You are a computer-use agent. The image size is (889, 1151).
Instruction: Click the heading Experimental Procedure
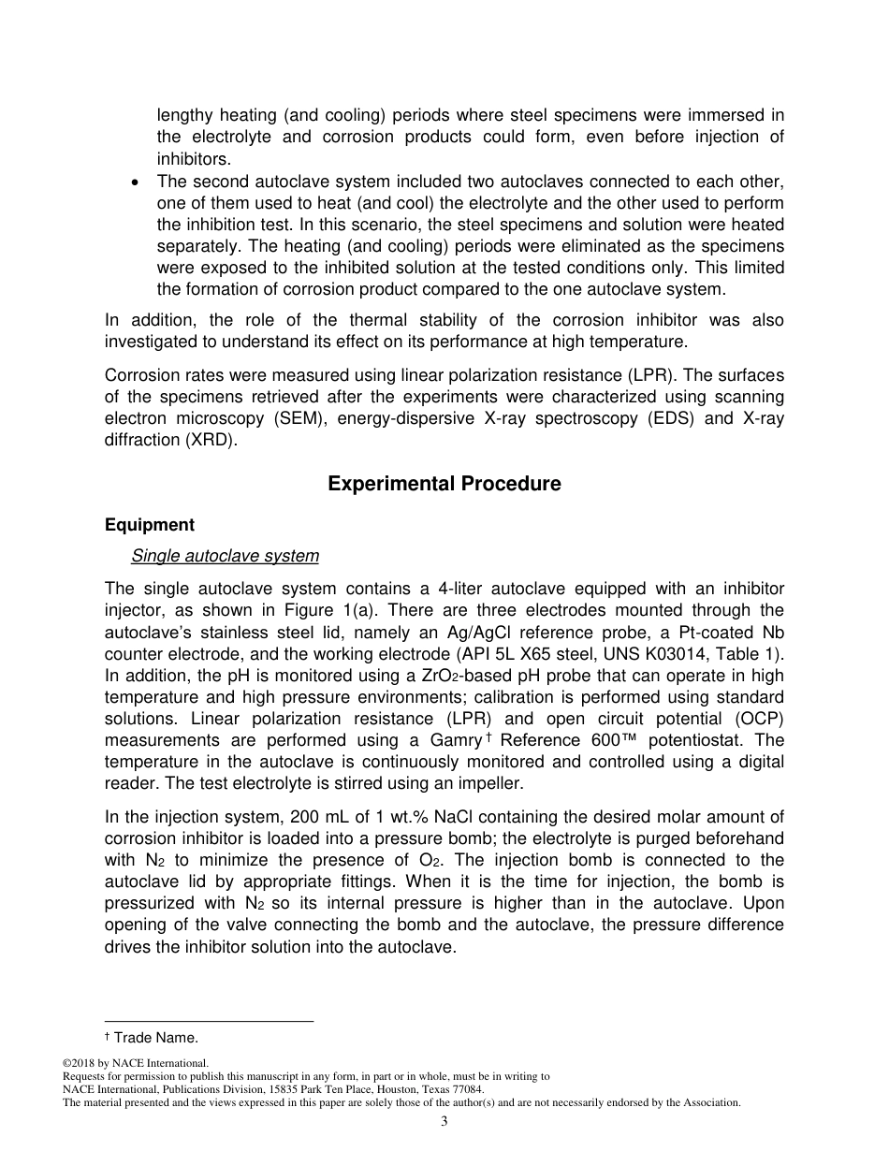444,484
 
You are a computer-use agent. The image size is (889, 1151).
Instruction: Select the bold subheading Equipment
150,525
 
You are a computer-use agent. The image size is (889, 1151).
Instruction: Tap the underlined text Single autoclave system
225,557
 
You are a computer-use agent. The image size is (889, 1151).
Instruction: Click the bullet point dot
138,182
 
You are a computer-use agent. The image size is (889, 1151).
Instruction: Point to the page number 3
444,1122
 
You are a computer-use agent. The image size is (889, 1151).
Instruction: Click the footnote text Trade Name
155,1037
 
